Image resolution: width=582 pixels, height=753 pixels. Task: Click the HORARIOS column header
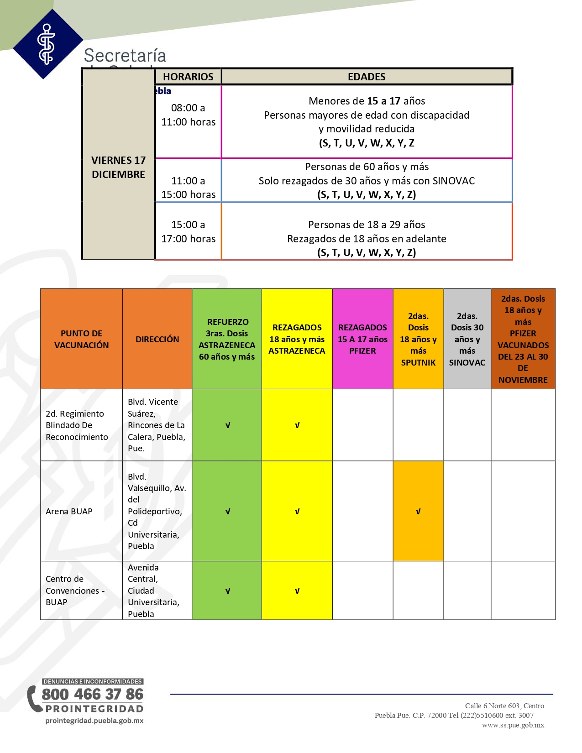188,77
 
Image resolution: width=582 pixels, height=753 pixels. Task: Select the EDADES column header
367,77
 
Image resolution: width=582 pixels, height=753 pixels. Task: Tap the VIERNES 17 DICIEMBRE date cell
118,167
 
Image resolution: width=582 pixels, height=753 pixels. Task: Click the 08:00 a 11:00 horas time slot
188,115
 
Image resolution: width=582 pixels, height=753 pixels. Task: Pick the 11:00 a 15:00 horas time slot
188,188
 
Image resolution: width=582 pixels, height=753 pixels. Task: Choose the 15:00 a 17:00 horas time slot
188,231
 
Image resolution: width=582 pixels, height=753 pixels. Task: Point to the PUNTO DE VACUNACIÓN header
82,339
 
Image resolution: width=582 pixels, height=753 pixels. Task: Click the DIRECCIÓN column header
157,339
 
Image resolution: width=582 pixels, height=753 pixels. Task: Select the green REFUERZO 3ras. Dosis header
227,339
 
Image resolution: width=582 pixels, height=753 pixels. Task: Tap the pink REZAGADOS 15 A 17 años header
362,339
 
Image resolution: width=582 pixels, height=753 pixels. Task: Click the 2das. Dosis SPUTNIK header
418,339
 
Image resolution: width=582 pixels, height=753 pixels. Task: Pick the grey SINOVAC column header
467,339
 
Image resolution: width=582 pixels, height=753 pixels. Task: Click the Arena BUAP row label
69,512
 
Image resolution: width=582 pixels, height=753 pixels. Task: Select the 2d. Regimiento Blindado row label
77,425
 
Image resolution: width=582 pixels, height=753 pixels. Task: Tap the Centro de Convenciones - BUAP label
75,591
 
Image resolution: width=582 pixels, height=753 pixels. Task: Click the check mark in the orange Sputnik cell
418,512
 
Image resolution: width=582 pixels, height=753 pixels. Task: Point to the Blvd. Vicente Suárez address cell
156,425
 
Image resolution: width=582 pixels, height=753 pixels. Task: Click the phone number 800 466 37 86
93,694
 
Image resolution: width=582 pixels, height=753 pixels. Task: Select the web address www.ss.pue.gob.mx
513,725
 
